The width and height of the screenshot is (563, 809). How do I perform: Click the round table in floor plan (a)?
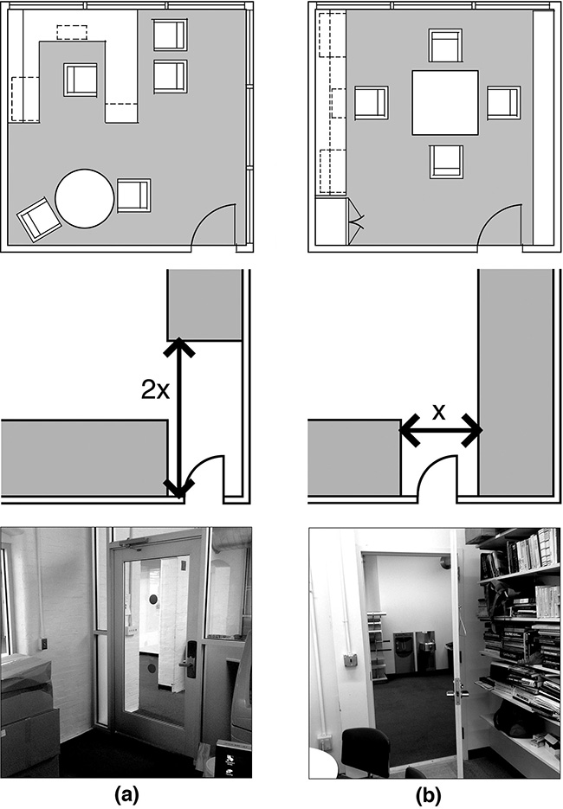pos(85,199)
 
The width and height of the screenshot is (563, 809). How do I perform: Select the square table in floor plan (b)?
pos(445,103)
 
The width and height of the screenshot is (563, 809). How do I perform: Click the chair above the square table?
pos(445,46)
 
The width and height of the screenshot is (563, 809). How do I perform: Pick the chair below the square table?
pos(446,162)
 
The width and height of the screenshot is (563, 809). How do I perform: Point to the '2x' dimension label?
pos(155,390)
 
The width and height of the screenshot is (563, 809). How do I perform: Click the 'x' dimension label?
pos(438,412)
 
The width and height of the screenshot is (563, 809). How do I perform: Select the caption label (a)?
pos(126,795)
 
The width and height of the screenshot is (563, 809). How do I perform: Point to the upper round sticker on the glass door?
pos(153,599)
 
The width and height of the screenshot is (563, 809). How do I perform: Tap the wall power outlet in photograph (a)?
pos(44,644)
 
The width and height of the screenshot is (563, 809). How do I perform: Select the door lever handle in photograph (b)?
pos(460,689)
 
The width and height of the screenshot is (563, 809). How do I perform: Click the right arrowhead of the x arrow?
pos(473,430)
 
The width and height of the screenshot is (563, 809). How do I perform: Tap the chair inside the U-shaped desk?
pos(81,80)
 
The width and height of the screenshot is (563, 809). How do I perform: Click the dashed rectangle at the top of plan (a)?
pos(72,32)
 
